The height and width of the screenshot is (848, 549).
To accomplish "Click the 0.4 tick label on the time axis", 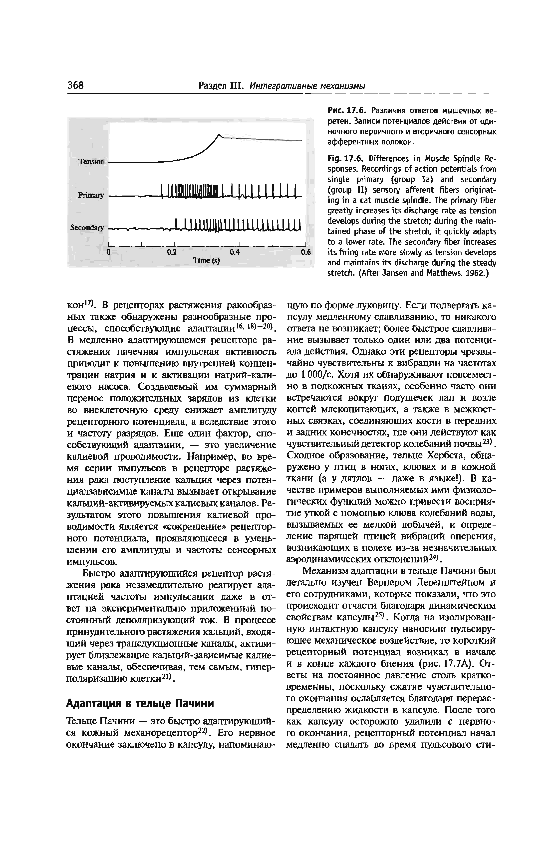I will click(235, 252).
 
